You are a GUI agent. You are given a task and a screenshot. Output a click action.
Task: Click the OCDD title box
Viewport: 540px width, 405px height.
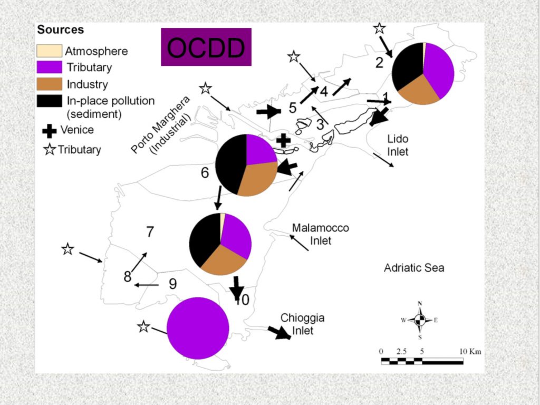(x=206, y=47)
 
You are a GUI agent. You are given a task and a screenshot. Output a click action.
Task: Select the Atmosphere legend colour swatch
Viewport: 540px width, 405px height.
(x=49, y=51)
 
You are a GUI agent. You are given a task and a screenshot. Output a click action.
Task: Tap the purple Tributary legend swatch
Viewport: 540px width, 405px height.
(x=49, y=67)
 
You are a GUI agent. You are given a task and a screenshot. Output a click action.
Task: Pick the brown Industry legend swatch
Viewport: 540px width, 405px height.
(x=49, y=84)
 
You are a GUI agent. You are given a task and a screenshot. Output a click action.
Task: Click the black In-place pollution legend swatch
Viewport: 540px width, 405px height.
(x=49, y=100)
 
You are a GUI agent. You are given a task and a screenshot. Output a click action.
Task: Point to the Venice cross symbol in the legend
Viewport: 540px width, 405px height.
(x=50, y=130)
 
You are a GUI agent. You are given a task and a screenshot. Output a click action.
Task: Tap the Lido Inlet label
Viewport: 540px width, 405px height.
(x=398, y=145)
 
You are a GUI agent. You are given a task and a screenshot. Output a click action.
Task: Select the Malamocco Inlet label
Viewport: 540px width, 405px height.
(x=321, y=234)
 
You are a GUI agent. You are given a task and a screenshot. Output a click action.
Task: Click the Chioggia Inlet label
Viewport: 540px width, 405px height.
(x=302, y=324)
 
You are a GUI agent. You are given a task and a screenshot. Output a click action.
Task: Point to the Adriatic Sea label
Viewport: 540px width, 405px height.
(x=414, y=268)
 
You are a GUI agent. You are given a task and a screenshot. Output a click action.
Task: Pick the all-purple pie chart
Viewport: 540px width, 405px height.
(x=198, y=327)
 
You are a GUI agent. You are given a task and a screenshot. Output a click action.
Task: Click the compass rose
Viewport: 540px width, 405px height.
(x=420, y=320)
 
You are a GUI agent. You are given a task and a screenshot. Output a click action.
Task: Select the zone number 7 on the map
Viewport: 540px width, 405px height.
(x=150, y=232)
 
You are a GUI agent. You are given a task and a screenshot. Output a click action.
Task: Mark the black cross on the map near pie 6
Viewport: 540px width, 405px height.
(x=284, y=140)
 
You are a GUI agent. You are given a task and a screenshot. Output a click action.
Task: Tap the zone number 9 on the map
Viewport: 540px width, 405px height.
(x=172, y=284)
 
